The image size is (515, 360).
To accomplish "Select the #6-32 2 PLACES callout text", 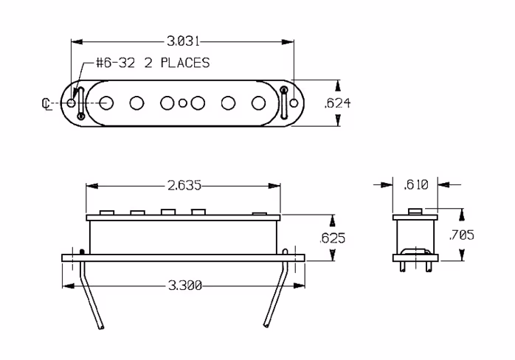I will click(x=153, y=63).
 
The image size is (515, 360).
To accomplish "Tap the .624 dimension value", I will click(x=338, y=103).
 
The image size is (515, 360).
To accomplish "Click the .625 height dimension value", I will click(x=331, y=238).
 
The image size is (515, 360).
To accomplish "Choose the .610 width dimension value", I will click(x=417, y=185).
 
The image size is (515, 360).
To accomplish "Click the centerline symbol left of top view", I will click(x=46, y=103).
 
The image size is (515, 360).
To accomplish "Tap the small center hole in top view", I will click(x=182, y=103).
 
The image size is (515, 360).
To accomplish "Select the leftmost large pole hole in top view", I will click(x=106, y=102).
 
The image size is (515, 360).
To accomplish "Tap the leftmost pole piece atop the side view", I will click(x=106, y=212).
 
